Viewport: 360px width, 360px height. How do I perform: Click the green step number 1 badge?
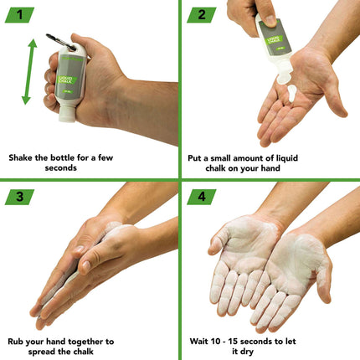click(x=18, y=14)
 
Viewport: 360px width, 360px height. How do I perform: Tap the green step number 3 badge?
click(x=18, y=196)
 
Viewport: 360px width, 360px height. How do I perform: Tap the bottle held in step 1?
click(x=67, y=84)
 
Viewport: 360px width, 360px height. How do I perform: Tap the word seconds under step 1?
click(x=90, y=167)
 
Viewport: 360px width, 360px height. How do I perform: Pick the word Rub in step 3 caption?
click(x=17, y=342)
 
